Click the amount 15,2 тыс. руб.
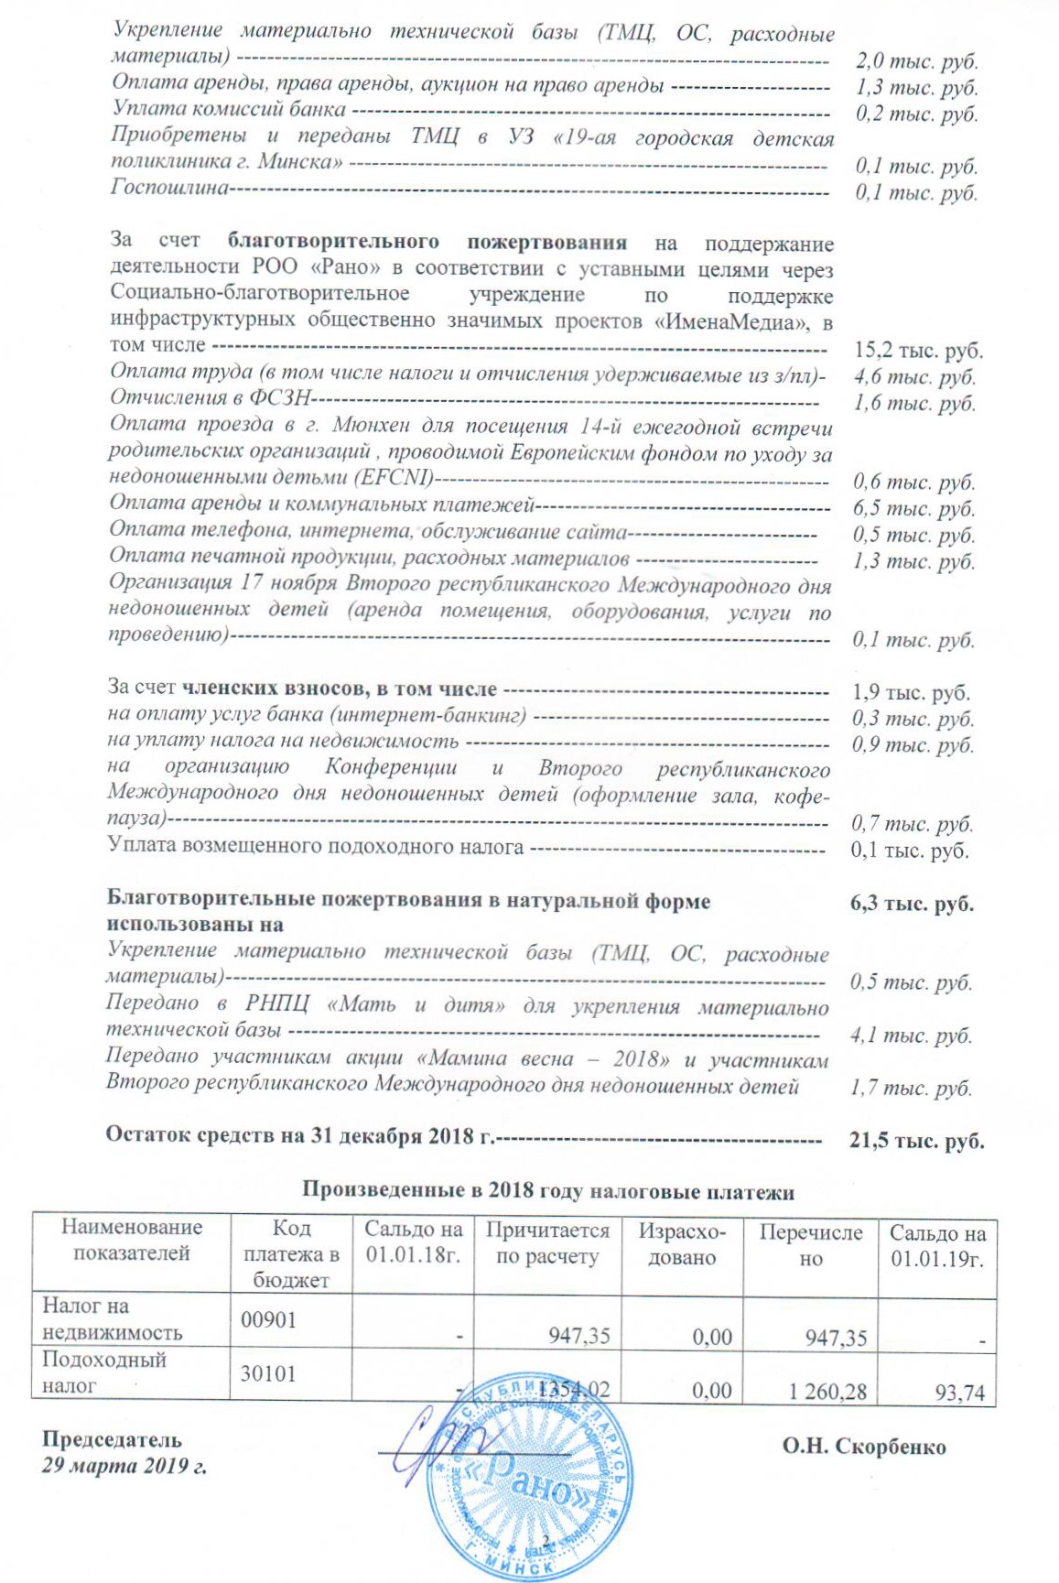click(917, 351)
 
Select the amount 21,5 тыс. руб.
click(916, 1141)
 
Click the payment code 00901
click(268, 1319)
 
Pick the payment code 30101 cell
click(268, 1373)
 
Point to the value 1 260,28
click(827, 1392)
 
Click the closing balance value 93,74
click(959, 1393)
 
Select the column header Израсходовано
click(682, 1244)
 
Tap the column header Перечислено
click(810, 1245)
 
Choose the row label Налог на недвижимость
click(112, 1319)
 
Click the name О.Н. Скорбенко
click(863, 1447)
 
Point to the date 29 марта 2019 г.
click(124, 1466)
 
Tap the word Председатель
click(112, 1440)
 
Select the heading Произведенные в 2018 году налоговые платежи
click(547, 1192)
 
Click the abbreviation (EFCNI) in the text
click(402, 477)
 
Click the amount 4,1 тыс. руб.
click(911, 1035)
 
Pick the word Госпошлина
click(169, 188)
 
